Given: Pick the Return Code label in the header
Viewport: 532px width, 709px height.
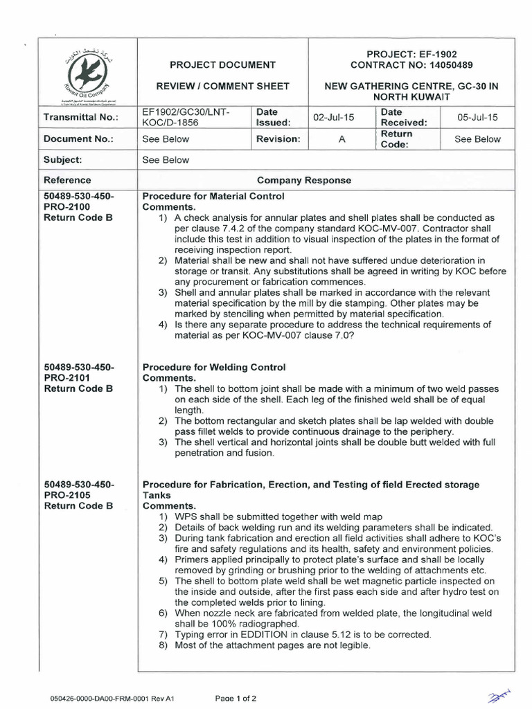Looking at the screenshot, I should pyautogui.click(x=397, y=138).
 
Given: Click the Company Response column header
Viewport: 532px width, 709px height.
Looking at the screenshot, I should pyautogui.click(x=304, y=180).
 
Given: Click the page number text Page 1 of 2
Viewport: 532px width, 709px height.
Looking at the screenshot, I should pyautogui.click(x=236, y=698).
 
